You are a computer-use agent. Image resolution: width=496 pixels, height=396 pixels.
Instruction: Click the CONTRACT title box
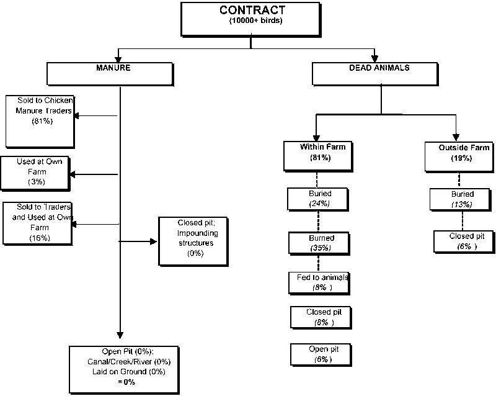(251, 19)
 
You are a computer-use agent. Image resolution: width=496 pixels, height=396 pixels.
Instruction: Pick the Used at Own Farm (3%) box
(35, 173)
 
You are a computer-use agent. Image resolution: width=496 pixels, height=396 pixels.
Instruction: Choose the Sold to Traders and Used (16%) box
(37, 222)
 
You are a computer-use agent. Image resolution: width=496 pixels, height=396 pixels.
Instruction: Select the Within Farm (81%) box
(317, 155)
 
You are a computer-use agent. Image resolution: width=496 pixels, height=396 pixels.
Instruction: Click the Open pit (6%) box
(319, 354)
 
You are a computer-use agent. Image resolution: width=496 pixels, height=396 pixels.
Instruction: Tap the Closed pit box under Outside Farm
(463, 241)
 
